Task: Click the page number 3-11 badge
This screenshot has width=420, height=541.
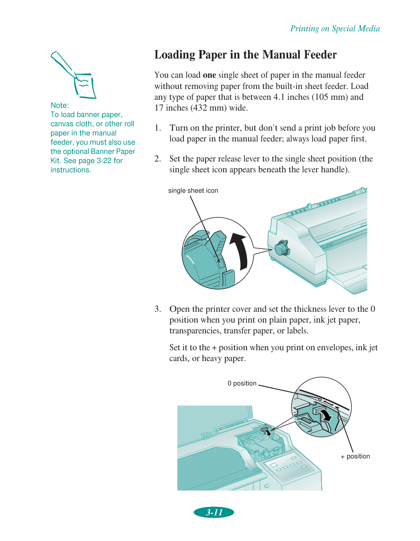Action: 214,512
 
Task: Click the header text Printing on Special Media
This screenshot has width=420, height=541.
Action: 335,28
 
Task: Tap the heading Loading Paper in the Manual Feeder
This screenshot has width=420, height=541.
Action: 245,55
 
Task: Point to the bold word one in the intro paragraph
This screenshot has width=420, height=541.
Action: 209,75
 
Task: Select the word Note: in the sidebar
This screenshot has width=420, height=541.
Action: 60,105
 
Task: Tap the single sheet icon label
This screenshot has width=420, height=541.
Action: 193,191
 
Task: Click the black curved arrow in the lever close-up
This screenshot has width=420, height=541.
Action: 240,251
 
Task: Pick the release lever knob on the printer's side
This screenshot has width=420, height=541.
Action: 282,248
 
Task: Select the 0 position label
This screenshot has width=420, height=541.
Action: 242,384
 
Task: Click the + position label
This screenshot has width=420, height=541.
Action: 355,456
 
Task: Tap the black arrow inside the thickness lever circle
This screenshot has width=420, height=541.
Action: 327,415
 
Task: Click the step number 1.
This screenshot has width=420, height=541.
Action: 157,128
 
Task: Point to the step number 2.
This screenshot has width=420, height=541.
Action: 157,159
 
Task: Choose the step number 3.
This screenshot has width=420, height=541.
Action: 157,309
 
